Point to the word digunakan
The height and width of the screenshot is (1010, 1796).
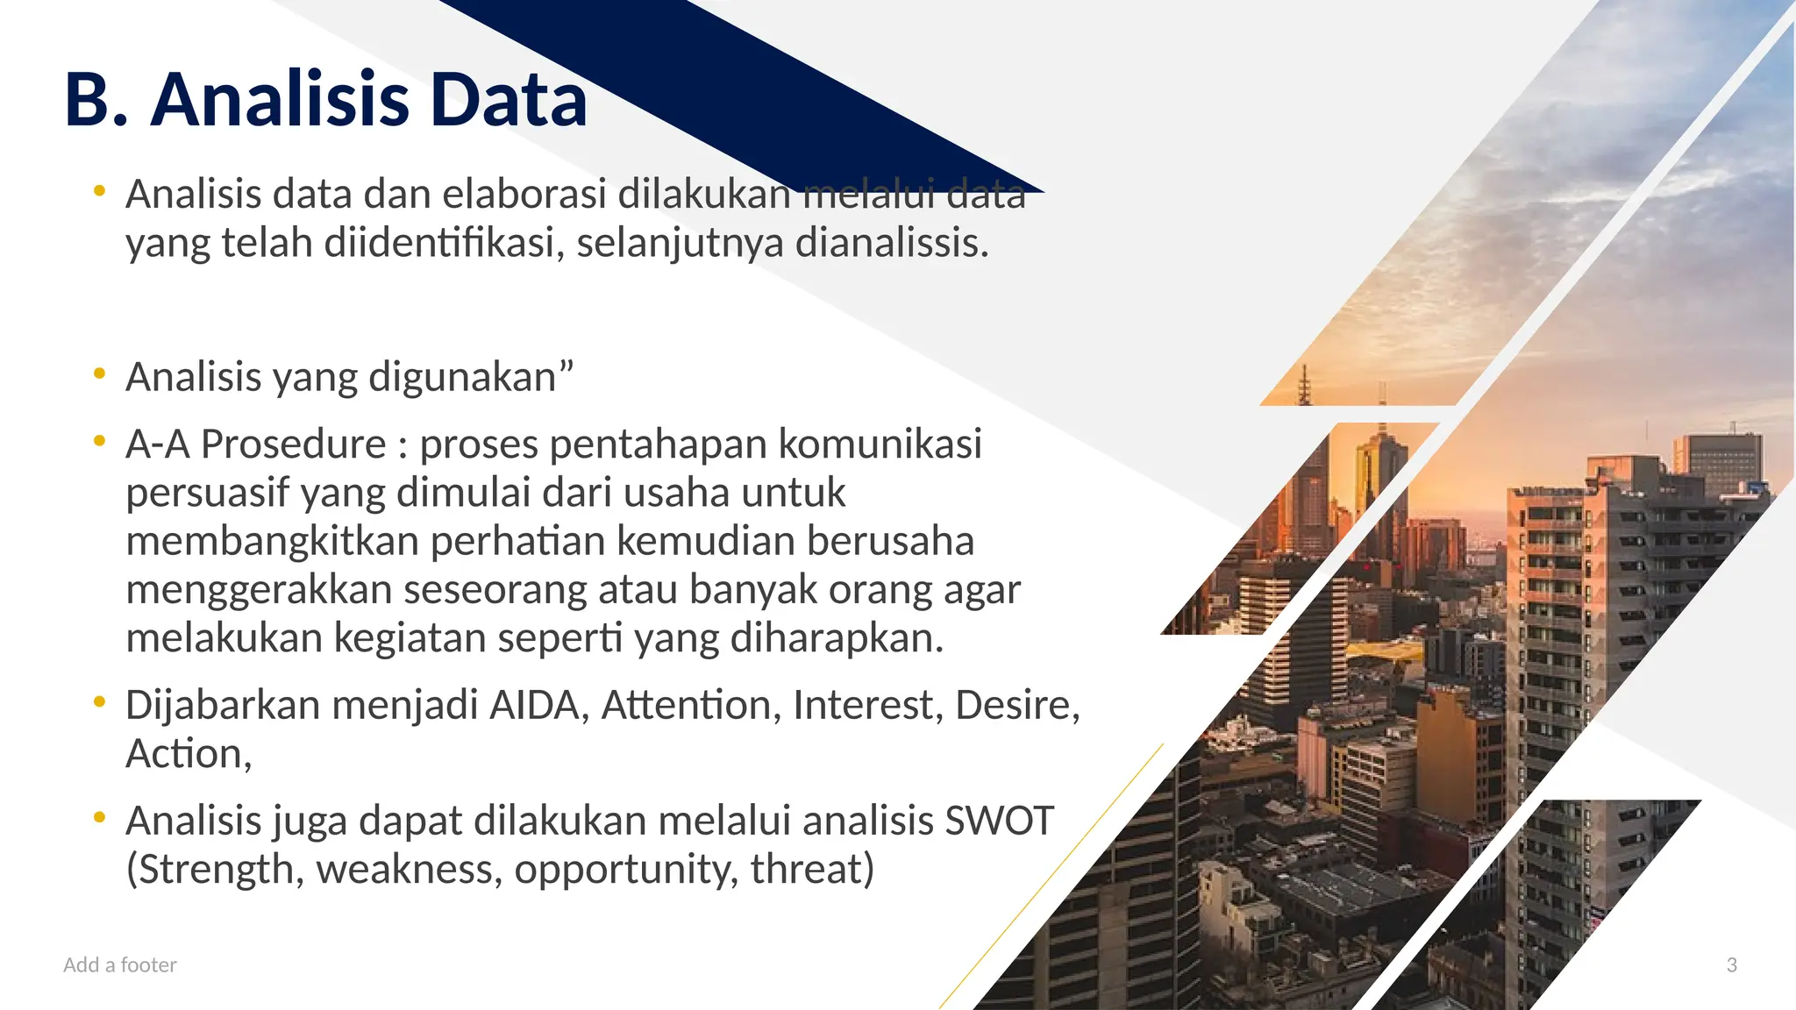pos(462,378)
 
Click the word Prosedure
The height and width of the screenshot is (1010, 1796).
pos(293,445)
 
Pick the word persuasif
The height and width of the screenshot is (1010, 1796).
pos(207,493)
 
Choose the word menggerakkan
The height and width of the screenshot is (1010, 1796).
pos(259,590)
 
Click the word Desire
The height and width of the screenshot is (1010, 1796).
pos(1017,706)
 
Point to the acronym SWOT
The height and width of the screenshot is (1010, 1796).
pos(999,822)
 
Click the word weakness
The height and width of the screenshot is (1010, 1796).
pos(410,870)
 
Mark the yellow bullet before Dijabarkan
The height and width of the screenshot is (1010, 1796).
pos(100,701)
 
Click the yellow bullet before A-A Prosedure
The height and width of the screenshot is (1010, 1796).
pos(100,440)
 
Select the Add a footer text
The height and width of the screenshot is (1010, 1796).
pos(120,965)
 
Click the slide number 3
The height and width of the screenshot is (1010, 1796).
pos(1731,965)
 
